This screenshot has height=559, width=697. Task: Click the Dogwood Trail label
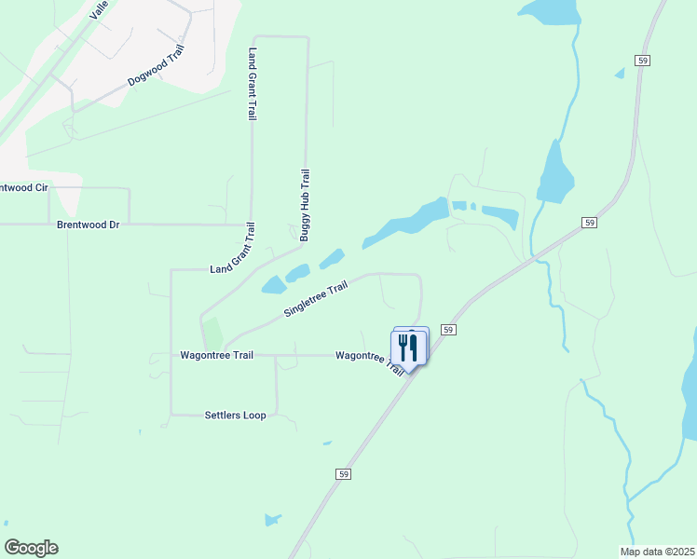156,66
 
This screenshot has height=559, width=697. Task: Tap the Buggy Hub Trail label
305,206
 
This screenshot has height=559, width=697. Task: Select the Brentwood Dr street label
89,225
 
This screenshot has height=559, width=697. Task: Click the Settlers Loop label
235,415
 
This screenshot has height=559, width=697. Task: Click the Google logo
31,548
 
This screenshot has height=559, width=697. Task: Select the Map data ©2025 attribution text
657,552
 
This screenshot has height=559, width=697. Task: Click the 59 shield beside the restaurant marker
448,330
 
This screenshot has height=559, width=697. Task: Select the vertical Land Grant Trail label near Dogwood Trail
251,85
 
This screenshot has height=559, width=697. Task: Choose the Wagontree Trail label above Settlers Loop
216,355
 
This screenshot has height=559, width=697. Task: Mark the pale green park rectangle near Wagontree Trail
213,334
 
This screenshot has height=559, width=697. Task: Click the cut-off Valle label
100,10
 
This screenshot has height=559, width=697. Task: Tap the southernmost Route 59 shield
344,474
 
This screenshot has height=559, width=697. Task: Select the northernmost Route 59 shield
643,60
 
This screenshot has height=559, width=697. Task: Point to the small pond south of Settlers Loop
273,520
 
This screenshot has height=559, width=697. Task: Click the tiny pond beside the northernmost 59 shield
619,73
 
